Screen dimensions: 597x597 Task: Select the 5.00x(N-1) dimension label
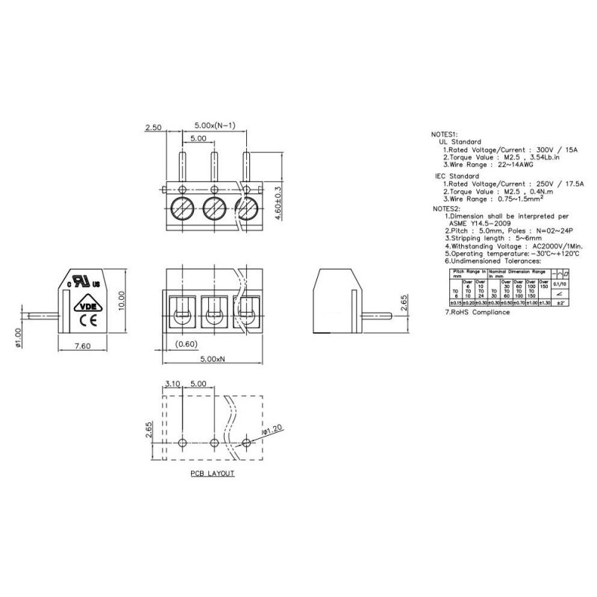tap(215, 125)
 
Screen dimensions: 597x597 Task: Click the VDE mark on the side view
tap(87, 305)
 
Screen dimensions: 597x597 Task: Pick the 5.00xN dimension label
tap(214, 360)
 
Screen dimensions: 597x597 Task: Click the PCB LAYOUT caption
tap(212, 474)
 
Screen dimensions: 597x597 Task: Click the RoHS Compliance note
tap(478, 312)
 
